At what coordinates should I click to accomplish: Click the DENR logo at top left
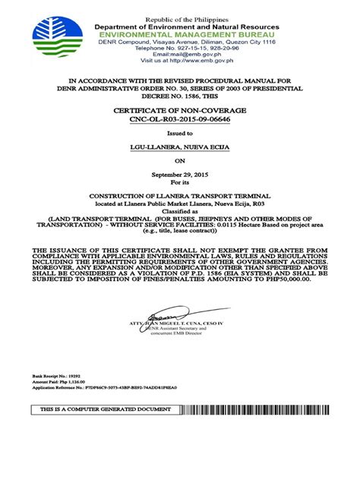[58, 39]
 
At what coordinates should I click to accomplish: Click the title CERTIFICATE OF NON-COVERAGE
[180, 110]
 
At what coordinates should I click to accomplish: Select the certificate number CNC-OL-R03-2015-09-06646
[180, 119]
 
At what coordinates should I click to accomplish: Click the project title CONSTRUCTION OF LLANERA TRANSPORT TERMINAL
[180, 195]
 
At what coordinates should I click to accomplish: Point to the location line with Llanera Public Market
[180, 204]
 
